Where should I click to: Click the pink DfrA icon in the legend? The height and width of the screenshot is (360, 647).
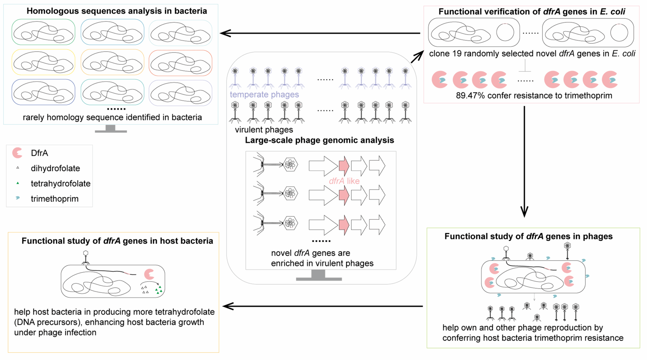[x=17, y=153]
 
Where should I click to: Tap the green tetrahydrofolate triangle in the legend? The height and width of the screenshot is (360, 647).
[x=18, y=183]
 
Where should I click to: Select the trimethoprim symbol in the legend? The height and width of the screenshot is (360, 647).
[x=18, y=198]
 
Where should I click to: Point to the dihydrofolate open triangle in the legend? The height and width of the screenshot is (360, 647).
[x=18, y=168]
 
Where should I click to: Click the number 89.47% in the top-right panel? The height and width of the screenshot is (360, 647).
[x=470, y=96]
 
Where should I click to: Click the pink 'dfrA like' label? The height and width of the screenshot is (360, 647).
[x=344, y=181]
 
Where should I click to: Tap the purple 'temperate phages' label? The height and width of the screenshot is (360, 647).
[x=264, y=94]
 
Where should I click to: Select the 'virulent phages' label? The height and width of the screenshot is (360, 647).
[x=264, y=130]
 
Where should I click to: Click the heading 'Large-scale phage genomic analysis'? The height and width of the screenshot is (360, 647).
[x=319, y=140]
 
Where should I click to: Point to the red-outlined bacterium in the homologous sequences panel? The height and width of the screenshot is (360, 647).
[x=180, y=63]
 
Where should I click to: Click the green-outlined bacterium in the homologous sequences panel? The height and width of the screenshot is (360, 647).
[x=43, y=32]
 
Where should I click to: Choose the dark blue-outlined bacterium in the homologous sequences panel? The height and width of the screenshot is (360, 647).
[x=43, y=92]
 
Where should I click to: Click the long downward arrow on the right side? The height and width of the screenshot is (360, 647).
[x=524, y=161]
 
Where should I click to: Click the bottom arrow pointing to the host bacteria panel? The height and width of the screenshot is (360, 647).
[x=322, y=306]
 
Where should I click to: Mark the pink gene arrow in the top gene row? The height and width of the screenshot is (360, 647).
[x=344, y=166]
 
